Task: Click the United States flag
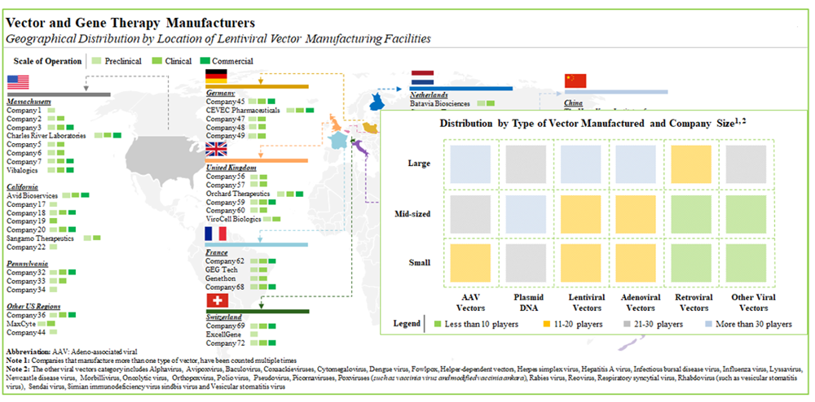coord(18,82)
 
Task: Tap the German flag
coord(217,76)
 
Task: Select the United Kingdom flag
coord(217,149)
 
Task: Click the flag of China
coord(575,80)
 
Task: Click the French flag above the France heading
coord(217,234)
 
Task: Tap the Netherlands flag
coord(423,78)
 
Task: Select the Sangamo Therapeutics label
coord(40,238)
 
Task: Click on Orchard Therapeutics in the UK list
coord(239,194)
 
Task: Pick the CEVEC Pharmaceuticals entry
coord(243,110)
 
